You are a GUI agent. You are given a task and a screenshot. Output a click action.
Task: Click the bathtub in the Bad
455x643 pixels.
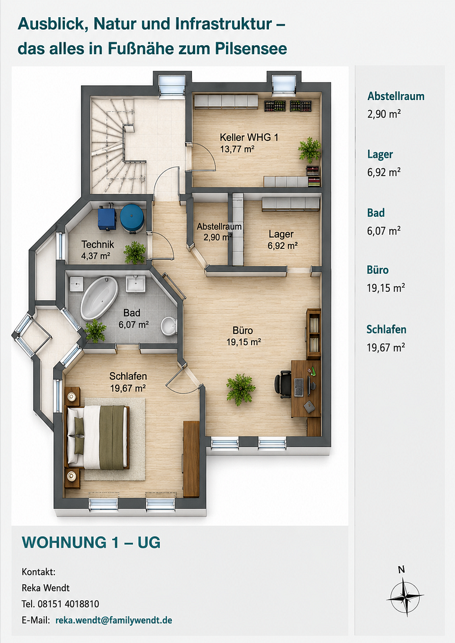100,298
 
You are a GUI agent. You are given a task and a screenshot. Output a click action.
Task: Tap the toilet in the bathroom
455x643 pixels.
169,326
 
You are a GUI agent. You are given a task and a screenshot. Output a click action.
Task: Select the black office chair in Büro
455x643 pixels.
283,384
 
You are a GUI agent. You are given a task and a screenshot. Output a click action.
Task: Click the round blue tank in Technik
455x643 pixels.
132,218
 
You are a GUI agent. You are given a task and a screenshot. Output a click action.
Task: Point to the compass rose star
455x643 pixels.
405,597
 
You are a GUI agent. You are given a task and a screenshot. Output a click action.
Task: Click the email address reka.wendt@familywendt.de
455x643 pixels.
114,620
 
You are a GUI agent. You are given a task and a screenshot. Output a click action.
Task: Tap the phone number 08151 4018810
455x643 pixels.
68,604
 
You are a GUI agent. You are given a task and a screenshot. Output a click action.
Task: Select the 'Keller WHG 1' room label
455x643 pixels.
249,138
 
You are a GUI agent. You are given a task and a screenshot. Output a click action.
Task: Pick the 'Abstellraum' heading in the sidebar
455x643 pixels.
396,96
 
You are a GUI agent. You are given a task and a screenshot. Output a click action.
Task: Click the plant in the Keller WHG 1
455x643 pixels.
309,149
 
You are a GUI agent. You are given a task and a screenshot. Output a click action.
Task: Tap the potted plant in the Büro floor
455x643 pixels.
241,389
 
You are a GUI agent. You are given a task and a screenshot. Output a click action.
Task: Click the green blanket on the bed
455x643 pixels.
112,437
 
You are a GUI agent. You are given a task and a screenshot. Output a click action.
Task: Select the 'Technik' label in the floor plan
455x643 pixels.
97,245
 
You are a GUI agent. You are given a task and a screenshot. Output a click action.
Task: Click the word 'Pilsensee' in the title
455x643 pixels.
251,49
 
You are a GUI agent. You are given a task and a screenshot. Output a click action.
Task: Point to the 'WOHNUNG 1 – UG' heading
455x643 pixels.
91,542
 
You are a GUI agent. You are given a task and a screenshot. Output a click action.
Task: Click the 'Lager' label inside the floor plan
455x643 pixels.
281,234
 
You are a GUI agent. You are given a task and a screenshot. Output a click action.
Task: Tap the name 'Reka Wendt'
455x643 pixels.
45,588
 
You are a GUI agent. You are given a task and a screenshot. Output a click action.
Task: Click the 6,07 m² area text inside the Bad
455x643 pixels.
134,325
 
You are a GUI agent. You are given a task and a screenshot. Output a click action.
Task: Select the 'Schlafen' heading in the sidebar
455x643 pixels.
386,329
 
